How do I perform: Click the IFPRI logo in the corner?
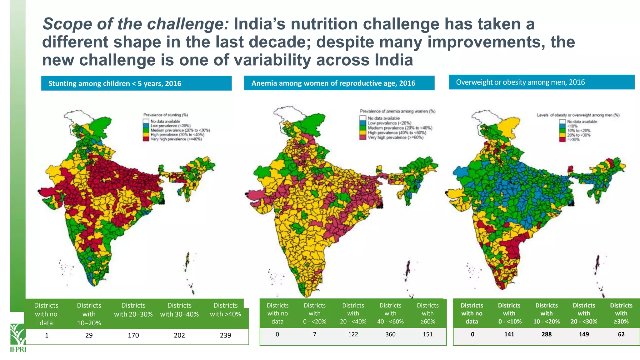[18, 338]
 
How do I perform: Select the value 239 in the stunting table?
[225, 335]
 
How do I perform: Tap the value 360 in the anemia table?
[390, 334]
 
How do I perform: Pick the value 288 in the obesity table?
[546, 334]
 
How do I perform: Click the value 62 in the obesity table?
[621, 334]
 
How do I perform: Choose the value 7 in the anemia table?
[314, 334]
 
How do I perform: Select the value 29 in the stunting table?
[89, 335]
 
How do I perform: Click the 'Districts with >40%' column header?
[225, 310]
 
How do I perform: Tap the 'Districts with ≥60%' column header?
[427, 313]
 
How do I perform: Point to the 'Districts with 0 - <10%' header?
[509, 313]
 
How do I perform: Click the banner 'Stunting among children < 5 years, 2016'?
[136, 83]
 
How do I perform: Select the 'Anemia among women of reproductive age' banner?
[339, 83]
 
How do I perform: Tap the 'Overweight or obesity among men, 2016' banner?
[541, 82]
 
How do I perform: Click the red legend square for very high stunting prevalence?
[146, 139]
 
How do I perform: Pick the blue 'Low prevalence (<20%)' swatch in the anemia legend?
[362, 123]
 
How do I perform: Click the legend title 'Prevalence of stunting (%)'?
[165, 115]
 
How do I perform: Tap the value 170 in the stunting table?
[133, 335]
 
